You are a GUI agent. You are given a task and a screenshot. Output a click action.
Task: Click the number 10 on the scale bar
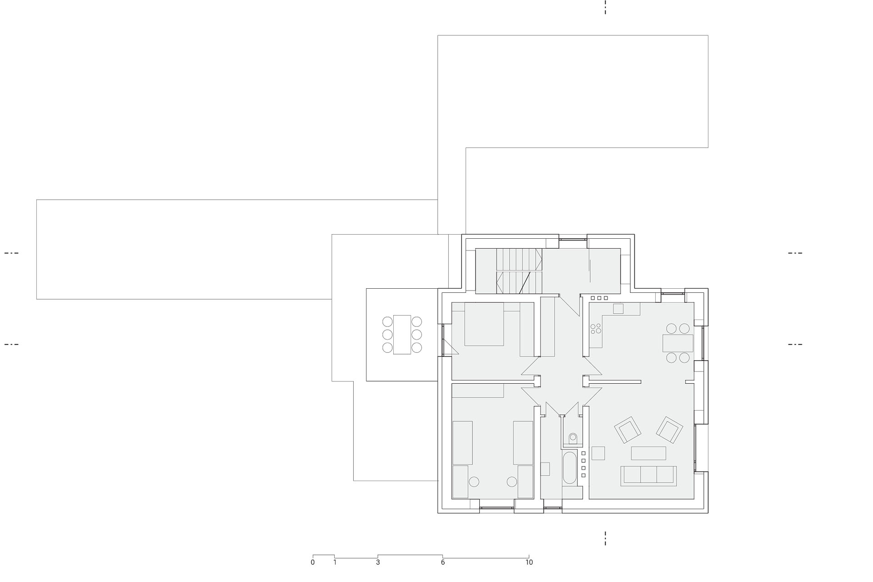[x=529, y=562]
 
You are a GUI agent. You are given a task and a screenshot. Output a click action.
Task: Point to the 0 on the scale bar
[x=313, y=562]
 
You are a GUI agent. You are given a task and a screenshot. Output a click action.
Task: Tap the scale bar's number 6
[x=443, y=562]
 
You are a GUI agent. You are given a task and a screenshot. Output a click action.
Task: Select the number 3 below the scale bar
[x=378, y=562]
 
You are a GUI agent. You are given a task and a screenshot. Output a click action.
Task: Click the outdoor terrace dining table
[x=402, y=335]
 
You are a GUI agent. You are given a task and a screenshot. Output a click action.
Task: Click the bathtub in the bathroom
[x=570, y=468]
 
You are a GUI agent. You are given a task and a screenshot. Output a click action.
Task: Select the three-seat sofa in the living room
[x=648, y=476]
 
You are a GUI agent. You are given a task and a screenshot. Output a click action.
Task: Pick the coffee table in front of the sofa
[x=648, y=453]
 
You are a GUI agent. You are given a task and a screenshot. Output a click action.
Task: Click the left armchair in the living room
[x=628, y=430]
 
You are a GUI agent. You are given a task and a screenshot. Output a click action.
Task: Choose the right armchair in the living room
[x=670, y=430]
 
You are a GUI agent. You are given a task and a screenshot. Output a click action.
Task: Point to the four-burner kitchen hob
[x=596, y=328]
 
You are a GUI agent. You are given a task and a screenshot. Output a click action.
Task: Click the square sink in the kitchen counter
[x=618, y=309]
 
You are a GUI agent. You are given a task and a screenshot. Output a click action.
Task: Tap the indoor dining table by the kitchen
[x=678, y=343]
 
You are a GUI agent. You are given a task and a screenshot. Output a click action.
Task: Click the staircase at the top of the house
[x=519, y=271]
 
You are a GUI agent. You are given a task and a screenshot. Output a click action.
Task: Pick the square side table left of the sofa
[x=598, y=453]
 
